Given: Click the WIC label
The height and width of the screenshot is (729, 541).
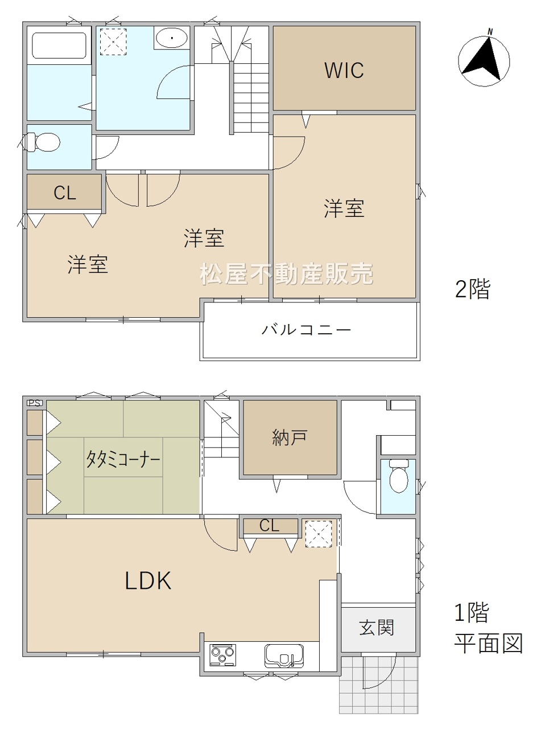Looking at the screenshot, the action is pos(344,69).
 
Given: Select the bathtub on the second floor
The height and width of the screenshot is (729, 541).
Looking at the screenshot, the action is pos(59,46).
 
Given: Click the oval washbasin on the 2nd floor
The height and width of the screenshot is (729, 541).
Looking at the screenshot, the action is pos(172,38).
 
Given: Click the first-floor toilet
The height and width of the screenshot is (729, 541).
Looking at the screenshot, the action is pos(399,476).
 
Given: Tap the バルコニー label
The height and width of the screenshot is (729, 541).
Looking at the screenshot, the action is pos(306,329).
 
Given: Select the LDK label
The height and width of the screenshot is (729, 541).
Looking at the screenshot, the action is pos(148,580).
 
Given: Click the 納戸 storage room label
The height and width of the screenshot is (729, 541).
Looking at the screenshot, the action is pos(290,437).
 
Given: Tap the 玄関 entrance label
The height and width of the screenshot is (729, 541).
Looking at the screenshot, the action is pos(377,628).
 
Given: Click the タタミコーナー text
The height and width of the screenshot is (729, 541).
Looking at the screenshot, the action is pos(123,459).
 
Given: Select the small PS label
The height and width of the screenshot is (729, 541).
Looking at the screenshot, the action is pos(35,403).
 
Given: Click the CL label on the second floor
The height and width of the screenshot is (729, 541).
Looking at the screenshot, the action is pos(65,193).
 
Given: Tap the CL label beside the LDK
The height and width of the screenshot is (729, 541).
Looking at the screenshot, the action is pos(269,525).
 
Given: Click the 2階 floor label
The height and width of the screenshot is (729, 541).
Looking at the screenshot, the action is pos(472,289).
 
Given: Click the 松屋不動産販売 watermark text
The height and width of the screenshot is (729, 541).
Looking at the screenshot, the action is pos(286,273).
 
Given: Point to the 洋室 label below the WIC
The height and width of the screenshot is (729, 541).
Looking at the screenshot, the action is pos(344,208).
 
